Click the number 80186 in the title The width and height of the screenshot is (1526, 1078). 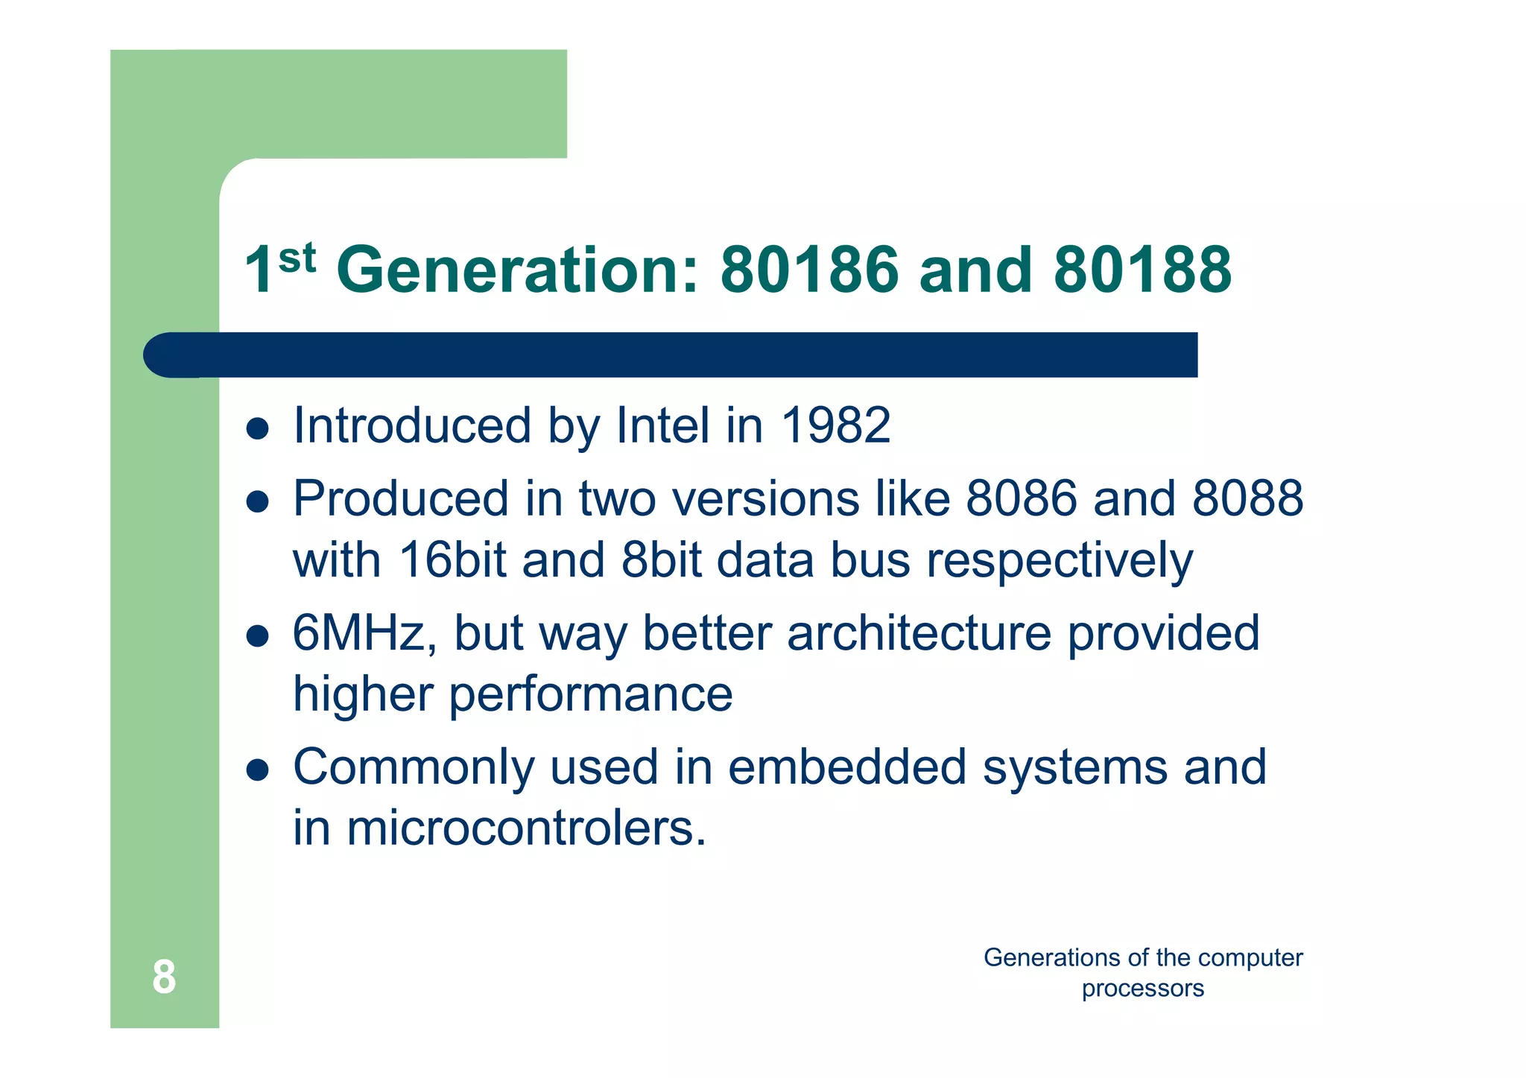pos(809,270)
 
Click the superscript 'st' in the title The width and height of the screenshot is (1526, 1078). pos(297,259)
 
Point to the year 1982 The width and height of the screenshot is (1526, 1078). pos(835,425)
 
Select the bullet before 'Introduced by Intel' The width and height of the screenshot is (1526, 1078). pos(257,428)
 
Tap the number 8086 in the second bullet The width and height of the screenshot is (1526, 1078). pos(1021,498)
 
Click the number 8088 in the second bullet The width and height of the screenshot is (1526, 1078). pos(1247,498)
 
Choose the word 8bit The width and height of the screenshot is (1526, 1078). pos(662,560)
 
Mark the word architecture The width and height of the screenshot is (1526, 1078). pos(918,633)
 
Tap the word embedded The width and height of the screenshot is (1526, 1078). pos(846,767)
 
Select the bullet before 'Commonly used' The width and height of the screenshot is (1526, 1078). pos(257,770)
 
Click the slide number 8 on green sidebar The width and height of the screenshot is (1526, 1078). pos(164,977)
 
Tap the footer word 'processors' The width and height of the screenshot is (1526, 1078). pos(1142,989)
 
